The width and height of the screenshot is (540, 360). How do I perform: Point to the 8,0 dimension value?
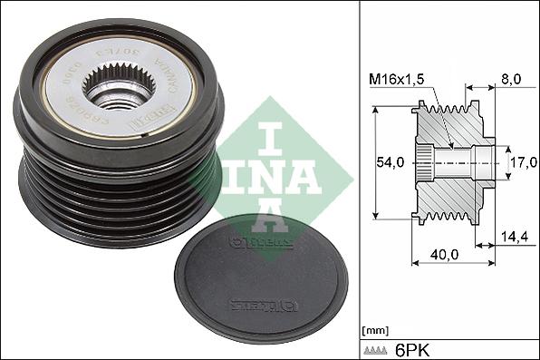(510, 80)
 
